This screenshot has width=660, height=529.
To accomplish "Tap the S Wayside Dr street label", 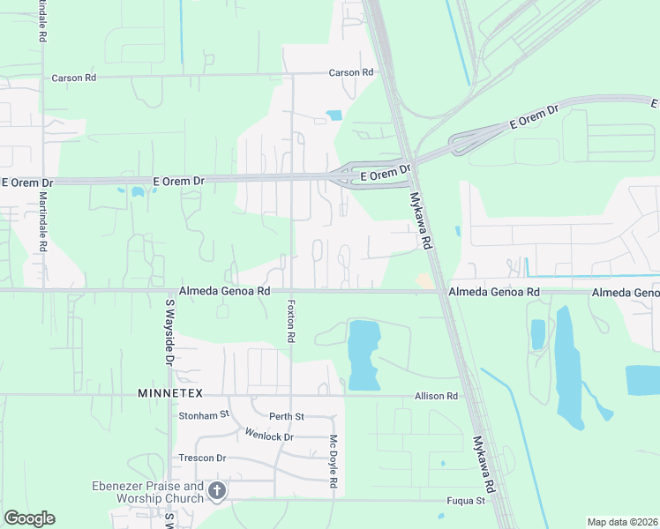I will point(170,332).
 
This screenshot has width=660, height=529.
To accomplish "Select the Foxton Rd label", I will point(290,321).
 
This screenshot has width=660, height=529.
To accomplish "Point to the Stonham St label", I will point(204,414).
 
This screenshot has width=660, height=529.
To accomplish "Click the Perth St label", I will point(287,416).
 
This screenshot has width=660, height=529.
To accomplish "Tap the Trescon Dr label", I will point(202,458).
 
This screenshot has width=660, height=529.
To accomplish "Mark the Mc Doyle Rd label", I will point(334,462).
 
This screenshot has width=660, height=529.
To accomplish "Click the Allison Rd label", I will point(437,397).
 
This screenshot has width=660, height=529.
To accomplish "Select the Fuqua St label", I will point(468,501).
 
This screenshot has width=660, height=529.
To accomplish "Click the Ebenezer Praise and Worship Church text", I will point(148,492).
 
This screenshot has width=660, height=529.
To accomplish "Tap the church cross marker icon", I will point(217,490).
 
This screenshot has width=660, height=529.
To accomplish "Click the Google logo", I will point(29,518).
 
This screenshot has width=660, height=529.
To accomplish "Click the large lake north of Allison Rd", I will point(363,353).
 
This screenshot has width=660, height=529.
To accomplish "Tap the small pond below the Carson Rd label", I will point(334,115).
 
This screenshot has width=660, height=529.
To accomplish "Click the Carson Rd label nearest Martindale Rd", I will point(73,78).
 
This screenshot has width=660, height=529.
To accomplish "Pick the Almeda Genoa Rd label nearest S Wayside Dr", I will point(224,290).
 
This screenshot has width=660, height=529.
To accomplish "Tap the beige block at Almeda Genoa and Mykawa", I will point(425,280).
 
